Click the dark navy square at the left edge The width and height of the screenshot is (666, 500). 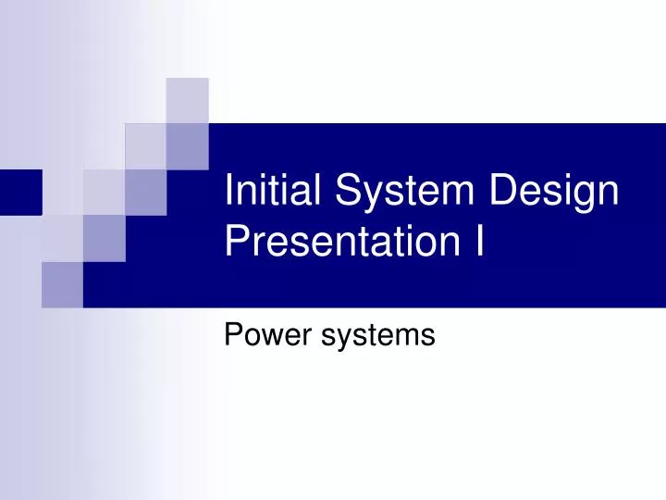click(20, 192)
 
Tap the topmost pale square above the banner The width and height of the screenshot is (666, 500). click(187, 99)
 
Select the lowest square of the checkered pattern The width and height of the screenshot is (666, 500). click(62, 283)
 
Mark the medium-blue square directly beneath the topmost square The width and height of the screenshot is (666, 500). click(187, 145)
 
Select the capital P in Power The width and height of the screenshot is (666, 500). click(233, 334)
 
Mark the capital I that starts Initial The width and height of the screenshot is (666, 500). click(230, 193)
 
